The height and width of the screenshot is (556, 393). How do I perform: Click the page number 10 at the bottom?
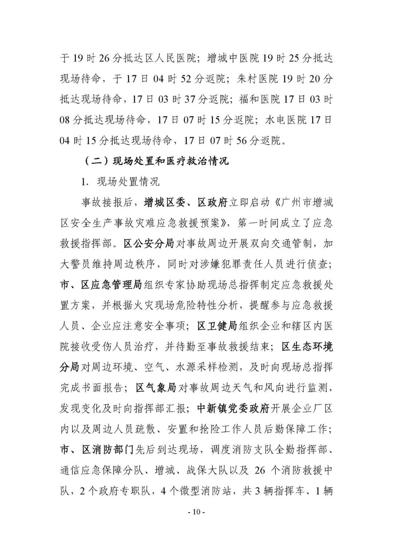(196, 512)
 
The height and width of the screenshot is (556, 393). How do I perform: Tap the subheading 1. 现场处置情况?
(120, 182)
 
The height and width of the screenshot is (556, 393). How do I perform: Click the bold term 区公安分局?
(149, 243)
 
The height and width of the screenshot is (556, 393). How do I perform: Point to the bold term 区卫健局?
(217, 326)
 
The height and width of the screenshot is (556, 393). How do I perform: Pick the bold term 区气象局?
(156, 387)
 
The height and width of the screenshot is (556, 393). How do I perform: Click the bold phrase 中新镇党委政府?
(233, 408)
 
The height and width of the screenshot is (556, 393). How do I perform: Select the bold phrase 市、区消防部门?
(97, 450)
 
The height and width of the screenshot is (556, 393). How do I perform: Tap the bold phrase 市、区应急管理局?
(101, 284)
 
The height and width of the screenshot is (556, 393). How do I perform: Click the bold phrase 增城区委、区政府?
(186, 202)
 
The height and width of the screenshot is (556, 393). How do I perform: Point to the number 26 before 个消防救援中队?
(260, 470)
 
